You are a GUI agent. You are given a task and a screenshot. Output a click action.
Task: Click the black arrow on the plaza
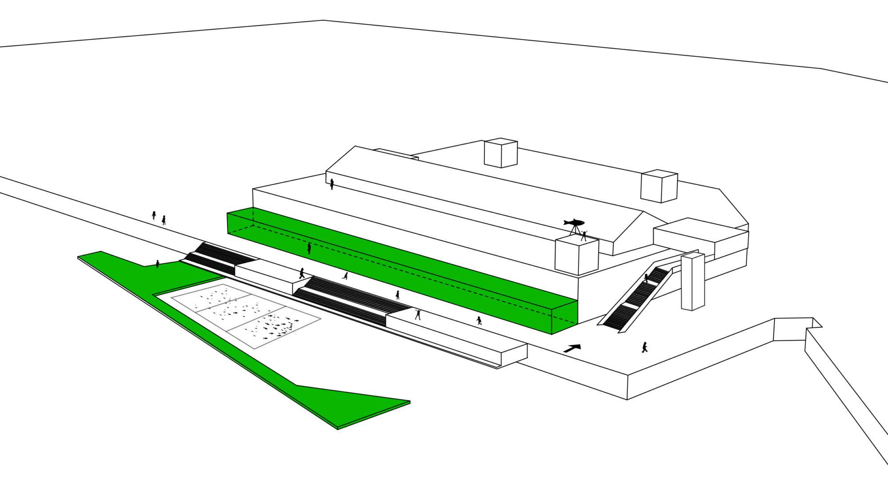[x=572, y=349]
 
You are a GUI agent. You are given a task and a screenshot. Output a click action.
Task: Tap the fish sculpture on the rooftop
[x=574, y=222]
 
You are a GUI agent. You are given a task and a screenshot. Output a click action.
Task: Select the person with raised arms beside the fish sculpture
[x=584, y=236]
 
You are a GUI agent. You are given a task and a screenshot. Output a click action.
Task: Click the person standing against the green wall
[x=309, y=248]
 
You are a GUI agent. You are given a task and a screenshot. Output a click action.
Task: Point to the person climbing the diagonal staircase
[x=646, y=278]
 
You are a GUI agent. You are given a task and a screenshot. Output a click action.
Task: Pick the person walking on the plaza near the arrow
[x=644, y=347]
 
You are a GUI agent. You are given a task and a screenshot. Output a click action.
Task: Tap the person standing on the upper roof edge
[x=332, y=184]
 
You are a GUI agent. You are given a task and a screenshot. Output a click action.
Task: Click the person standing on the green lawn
[x=158, y=264]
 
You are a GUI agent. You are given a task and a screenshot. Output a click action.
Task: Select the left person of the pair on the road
[x=154, y=215]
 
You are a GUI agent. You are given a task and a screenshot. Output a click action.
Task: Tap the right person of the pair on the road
[x=164, y=220]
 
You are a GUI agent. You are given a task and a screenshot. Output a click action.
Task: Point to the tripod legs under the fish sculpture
[x=575, y=230]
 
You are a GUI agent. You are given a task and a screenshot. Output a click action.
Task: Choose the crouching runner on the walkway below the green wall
[x=345, y=276]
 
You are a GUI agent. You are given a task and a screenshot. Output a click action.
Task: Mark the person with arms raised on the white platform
[x=418, y=314]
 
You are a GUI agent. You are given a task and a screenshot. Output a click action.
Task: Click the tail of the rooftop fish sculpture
[x=566, y=222]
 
